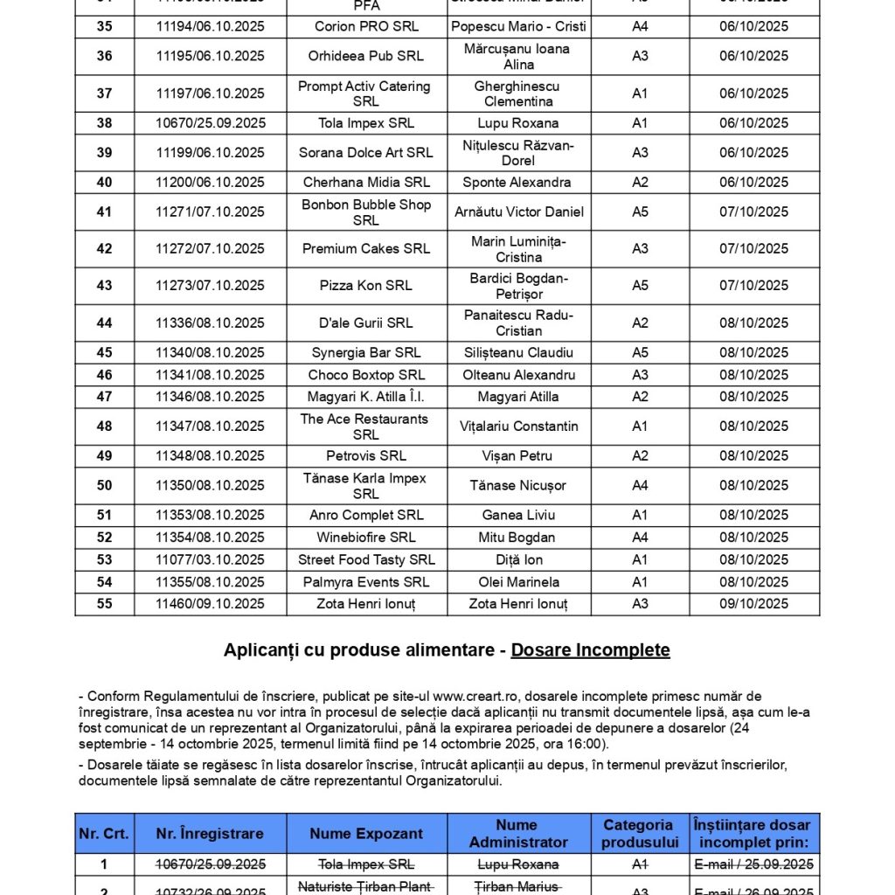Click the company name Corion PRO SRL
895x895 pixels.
point(366,26)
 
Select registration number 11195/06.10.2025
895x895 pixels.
point(210,56)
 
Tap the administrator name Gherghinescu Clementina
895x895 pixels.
point(517,94)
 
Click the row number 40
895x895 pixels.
point(104,182)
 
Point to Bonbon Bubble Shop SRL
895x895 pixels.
point(366,212)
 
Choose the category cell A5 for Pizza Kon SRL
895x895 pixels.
point(640,286)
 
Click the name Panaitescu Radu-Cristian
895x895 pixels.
point(518,323)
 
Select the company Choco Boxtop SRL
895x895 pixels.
point(366,375)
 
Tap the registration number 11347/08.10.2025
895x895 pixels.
point(210,427)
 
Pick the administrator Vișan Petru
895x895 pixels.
point(518,455)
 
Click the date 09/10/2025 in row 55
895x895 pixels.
point(753,604)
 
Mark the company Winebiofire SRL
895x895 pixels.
point(366,538)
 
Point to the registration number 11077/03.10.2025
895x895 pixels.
point(210,559)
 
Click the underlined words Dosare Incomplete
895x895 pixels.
point(590,650)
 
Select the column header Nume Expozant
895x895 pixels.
point(366,834)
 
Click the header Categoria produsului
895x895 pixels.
point(640,834)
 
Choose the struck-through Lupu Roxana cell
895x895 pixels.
point(518,864)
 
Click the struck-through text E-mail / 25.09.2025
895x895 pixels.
point(753,864)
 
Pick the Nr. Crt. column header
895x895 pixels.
point(104,834)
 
